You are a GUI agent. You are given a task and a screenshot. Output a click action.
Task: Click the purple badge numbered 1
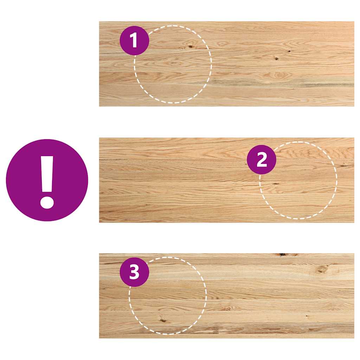pos(134,40)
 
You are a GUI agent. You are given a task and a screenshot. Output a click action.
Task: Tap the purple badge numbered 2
pos(262,160)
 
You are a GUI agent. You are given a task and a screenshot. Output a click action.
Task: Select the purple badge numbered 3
pos(134,272)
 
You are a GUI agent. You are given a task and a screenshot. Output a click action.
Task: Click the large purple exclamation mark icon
pos(47,180)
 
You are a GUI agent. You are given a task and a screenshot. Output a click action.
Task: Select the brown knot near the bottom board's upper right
pos(321,269)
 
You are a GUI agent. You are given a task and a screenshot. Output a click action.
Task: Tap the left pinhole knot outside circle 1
pos(276,59)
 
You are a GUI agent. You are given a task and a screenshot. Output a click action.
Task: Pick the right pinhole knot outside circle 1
pos(289,51)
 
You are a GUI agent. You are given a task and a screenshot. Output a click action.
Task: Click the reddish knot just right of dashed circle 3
pos(225,309)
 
